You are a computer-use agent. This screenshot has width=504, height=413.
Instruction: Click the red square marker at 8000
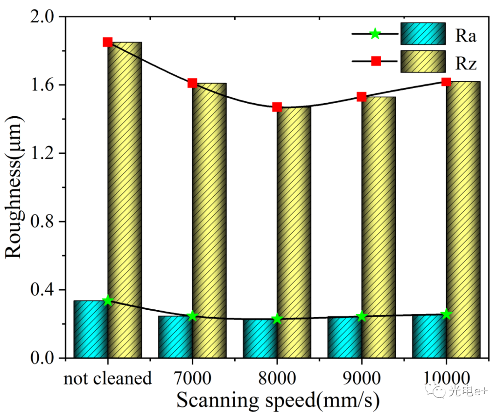277,107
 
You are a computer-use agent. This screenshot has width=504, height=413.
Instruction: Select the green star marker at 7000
193,316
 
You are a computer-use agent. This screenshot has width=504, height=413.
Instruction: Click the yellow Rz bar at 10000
463,220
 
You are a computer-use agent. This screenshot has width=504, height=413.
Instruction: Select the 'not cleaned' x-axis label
108,378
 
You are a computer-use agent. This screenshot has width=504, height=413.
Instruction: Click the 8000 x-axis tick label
277,378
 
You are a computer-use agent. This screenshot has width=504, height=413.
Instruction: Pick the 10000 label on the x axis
446,378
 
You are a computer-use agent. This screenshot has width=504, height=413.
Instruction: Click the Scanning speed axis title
277,400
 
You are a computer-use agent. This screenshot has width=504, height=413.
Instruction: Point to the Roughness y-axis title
14,187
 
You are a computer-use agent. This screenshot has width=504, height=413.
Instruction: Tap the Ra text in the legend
466,36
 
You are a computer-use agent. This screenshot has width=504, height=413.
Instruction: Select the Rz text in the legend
466,63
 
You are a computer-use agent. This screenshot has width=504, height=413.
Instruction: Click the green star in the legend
375,34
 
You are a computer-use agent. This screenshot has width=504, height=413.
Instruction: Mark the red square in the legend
376,61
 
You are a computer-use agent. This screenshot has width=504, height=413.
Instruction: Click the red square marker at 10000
446,82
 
